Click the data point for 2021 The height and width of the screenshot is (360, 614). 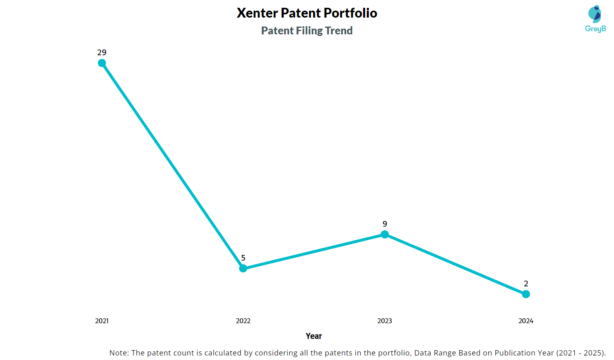[x=102, y=63]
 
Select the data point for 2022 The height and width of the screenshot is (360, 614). [x=243, y=268]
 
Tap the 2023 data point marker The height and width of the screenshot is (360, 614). [x=385, y=234]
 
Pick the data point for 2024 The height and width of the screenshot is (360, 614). [x=526, y=294]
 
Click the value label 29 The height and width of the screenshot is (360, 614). [x=102, y=52]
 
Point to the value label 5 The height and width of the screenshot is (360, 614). [x=243, y=258]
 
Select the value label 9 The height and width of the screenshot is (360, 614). [x=385, y=224]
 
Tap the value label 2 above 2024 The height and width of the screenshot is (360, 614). [x=526, y=283]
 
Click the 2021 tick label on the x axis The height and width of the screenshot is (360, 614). [x=102, y=321]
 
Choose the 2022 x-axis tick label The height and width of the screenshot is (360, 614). [x=243, y=321]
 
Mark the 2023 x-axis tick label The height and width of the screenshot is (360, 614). [x=385, y=321]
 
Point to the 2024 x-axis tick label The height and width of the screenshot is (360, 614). [x=526, y=321]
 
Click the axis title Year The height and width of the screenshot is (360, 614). [x=314, y=336]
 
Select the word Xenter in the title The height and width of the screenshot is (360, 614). [x=257, y=13]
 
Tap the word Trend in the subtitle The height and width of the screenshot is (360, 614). [x=339, y=31]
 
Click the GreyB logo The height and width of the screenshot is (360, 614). [x=595, y=19]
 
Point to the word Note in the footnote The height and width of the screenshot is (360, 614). [x=118, y=353]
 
